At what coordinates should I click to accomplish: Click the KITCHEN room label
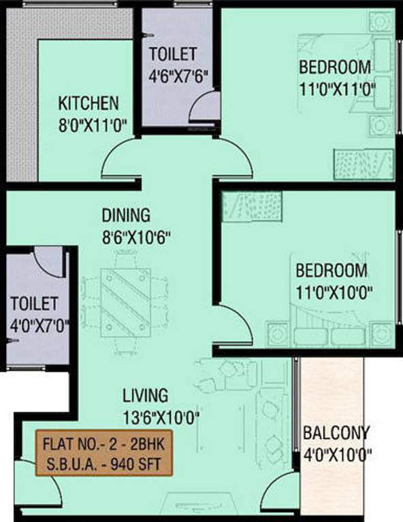point(88,103)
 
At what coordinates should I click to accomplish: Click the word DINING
point(125,216)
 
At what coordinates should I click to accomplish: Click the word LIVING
point(145,395)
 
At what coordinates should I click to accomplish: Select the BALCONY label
point(336,432)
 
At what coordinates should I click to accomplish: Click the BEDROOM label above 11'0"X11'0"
point(336,67)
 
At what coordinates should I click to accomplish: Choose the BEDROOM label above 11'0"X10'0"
point(332,270)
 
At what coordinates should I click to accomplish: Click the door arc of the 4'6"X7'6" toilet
point(204,107)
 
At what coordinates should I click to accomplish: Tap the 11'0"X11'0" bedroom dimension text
point(336,88)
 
